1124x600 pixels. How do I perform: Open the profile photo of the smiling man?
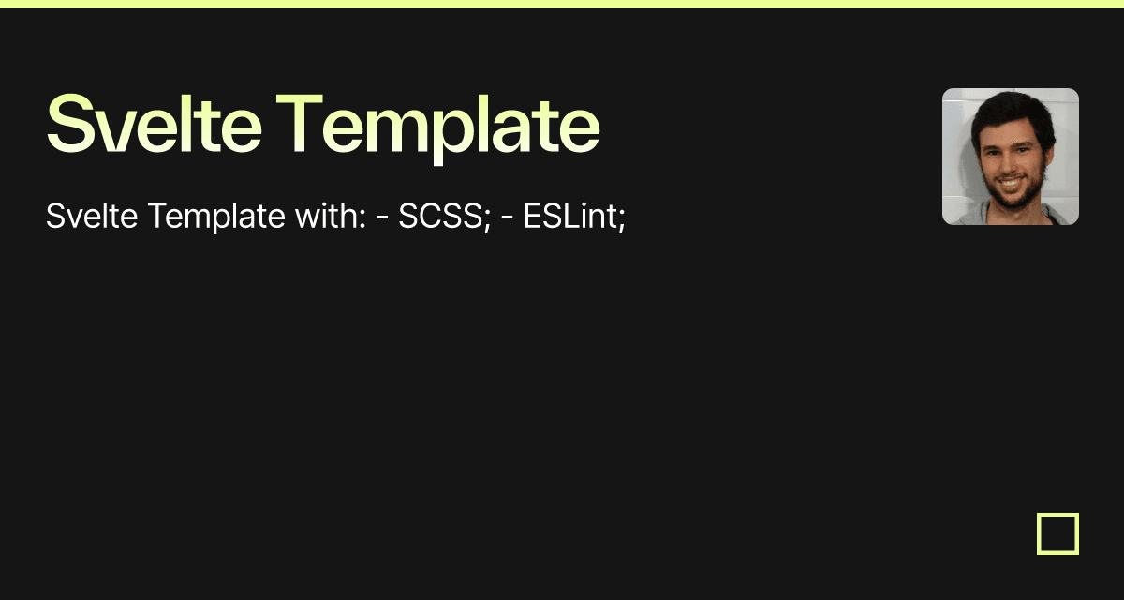pos(1010,157)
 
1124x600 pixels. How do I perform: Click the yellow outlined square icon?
pos(1057,533)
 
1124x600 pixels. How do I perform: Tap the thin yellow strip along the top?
pos(562,4)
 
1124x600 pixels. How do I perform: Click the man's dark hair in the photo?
pos(1012,105)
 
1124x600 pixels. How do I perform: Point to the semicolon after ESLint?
pos(620,221)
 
